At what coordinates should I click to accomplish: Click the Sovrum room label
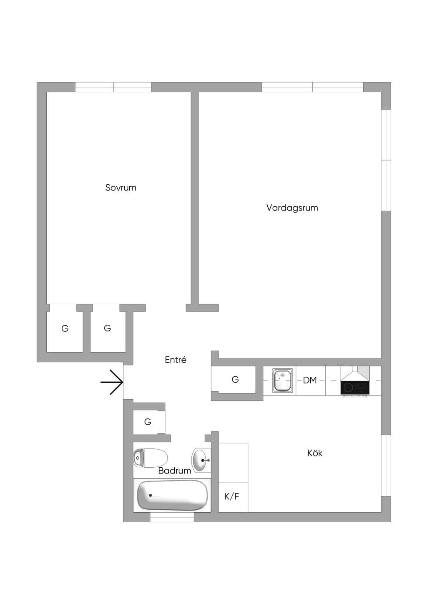point(121,188)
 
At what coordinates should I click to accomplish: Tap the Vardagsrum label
point(292,208)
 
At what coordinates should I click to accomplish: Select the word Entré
point(176,360)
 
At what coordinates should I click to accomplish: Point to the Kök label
point(315,453)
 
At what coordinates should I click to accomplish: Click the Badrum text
point(175,471)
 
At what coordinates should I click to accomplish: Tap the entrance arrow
point(112,382)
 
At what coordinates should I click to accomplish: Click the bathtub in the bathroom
point(172,495)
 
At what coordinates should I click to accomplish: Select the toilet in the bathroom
point(151,458)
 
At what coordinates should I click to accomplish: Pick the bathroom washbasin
point(201,460)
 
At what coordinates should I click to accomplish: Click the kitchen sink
point(282,381)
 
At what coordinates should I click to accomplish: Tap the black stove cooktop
point(355,388)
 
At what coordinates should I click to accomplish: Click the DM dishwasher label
point(310,380)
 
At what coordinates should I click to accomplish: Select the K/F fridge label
point(232,496)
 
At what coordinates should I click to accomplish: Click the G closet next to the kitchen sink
point(235,379)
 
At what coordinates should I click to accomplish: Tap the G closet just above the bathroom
point(148,422)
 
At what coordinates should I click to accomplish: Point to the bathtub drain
point(151,495)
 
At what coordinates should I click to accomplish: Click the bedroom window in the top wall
point(113,87)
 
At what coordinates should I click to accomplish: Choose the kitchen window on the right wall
point(386,466)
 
